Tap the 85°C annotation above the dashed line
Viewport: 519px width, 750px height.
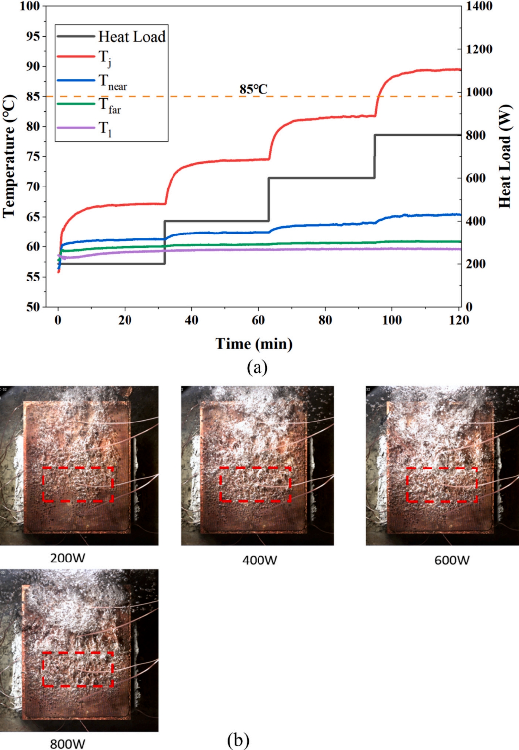point(254,89)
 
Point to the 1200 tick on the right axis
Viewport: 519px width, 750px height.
point(479,49)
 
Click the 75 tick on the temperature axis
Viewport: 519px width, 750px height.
point(33,156)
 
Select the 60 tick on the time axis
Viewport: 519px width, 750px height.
point(259,320)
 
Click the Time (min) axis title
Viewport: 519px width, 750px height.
point(254,343)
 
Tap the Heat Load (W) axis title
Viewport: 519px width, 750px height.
point(504,156)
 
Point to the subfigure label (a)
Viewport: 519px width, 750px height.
point(257,367)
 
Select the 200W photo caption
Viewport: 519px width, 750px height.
point(68,558)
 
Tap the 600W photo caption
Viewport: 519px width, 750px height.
point(452,560)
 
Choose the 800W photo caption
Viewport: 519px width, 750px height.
point(68,744)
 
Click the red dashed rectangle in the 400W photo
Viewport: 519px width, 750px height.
point(255,484)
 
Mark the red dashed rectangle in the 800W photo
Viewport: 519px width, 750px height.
point(78,669)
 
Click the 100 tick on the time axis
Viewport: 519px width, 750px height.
point(392,320)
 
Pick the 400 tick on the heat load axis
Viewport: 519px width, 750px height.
point(476,221)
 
